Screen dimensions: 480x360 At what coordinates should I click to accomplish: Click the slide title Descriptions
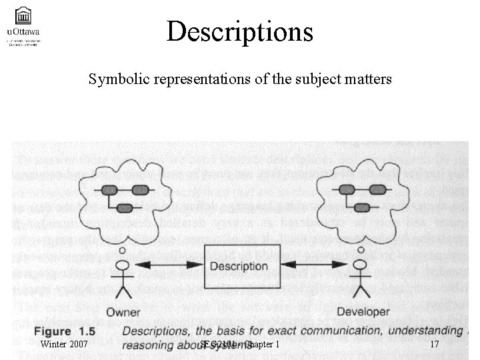coord(240,31)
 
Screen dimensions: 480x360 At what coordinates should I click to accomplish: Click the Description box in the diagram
coord(239,266)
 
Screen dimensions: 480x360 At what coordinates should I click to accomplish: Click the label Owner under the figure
coord(123,311)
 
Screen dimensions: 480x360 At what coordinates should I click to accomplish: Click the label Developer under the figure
coord(363,311)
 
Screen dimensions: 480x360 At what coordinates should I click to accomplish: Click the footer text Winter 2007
coord(64,345)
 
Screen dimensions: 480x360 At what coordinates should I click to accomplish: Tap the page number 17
coord(434,345)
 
